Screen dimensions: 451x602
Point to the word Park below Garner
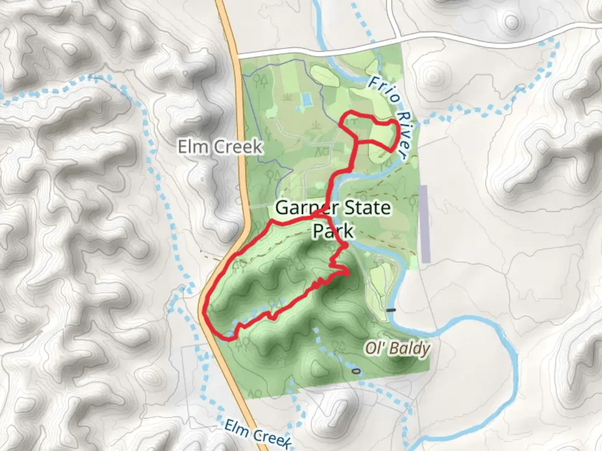point(333,231)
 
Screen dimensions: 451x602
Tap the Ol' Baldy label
point(397,348)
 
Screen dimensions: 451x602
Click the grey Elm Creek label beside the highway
point(220,147)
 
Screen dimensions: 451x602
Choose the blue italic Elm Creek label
point(257,434)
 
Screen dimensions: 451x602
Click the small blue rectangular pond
point(306,99)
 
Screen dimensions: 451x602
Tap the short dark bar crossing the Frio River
point(391,310)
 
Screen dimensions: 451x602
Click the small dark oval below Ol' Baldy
point(356,371)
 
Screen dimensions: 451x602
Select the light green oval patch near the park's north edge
point(324,76)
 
